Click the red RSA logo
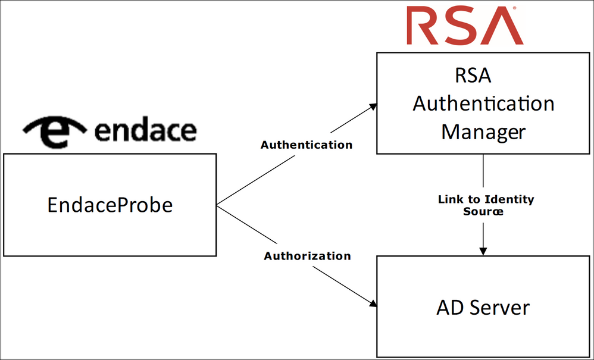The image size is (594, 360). point(465,26)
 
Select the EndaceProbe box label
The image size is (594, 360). point(110,205)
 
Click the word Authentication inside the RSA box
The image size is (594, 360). point(483,104)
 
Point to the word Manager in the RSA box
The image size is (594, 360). point(483,131)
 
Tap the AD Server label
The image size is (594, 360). point(483,308)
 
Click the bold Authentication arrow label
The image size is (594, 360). point(307,145)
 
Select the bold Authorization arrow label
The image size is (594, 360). point(307,256)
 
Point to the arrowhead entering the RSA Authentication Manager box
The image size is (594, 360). point(373,107)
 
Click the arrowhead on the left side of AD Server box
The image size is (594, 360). point(373,304)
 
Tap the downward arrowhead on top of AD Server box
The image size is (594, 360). point(483,251)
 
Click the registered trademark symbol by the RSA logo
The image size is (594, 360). point(514,8)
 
